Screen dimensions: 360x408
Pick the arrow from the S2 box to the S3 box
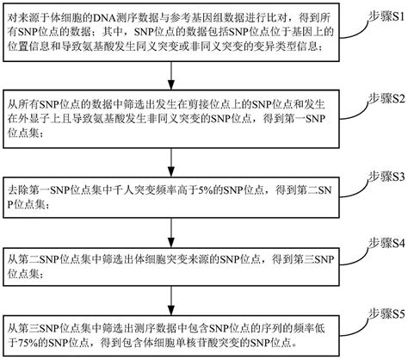(x=175, y=167)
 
